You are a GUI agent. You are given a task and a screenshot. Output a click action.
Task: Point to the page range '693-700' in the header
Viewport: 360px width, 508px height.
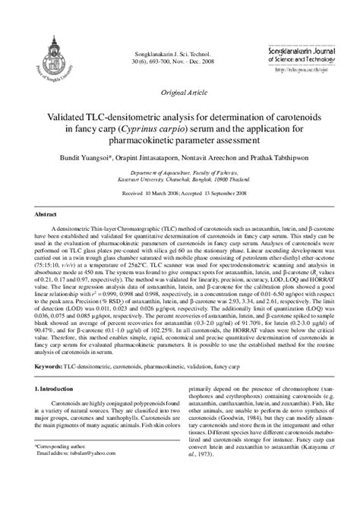pos(154,42)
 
